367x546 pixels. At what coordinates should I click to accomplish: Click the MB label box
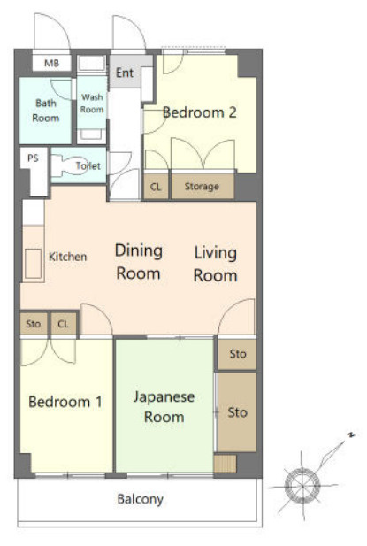(x=52, y=64)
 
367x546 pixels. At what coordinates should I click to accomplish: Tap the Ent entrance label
(x=125, y=73)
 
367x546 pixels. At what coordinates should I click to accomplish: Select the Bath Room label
(x=46, y=111)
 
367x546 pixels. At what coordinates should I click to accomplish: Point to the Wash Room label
(x=92, y=103)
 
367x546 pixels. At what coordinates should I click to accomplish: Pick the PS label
(x=33, y=158)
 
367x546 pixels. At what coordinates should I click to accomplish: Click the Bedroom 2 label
(x=199, y=112)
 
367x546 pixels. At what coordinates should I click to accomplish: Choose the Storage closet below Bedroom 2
(x=203, y=187)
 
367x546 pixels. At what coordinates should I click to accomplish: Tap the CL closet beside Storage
(x=156, y=187)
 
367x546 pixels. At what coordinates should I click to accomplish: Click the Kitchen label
(x=67, y=257)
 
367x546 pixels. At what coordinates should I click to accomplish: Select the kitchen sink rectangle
(x=33, y=264)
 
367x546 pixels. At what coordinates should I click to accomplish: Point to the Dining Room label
(x=139, y=262)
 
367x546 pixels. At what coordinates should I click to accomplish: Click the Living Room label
(x=215, y=264)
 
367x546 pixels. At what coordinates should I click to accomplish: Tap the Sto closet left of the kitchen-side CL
(x=34, y=324)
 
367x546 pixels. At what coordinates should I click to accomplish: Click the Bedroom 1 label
(x=65, y=402)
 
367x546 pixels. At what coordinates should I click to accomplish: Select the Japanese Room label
(x=164, y=407)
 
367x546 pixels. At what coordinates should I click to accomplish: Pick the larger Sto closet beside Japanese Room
(x=237, y=412)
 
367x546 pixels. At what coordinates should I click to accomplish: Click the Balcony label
(x=141, y=499)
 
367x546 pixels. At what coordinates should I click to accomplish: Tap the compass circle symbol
(x=302, y=486)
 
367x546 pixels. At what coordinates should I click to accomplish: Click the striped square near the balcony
(x=226, y=464)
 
